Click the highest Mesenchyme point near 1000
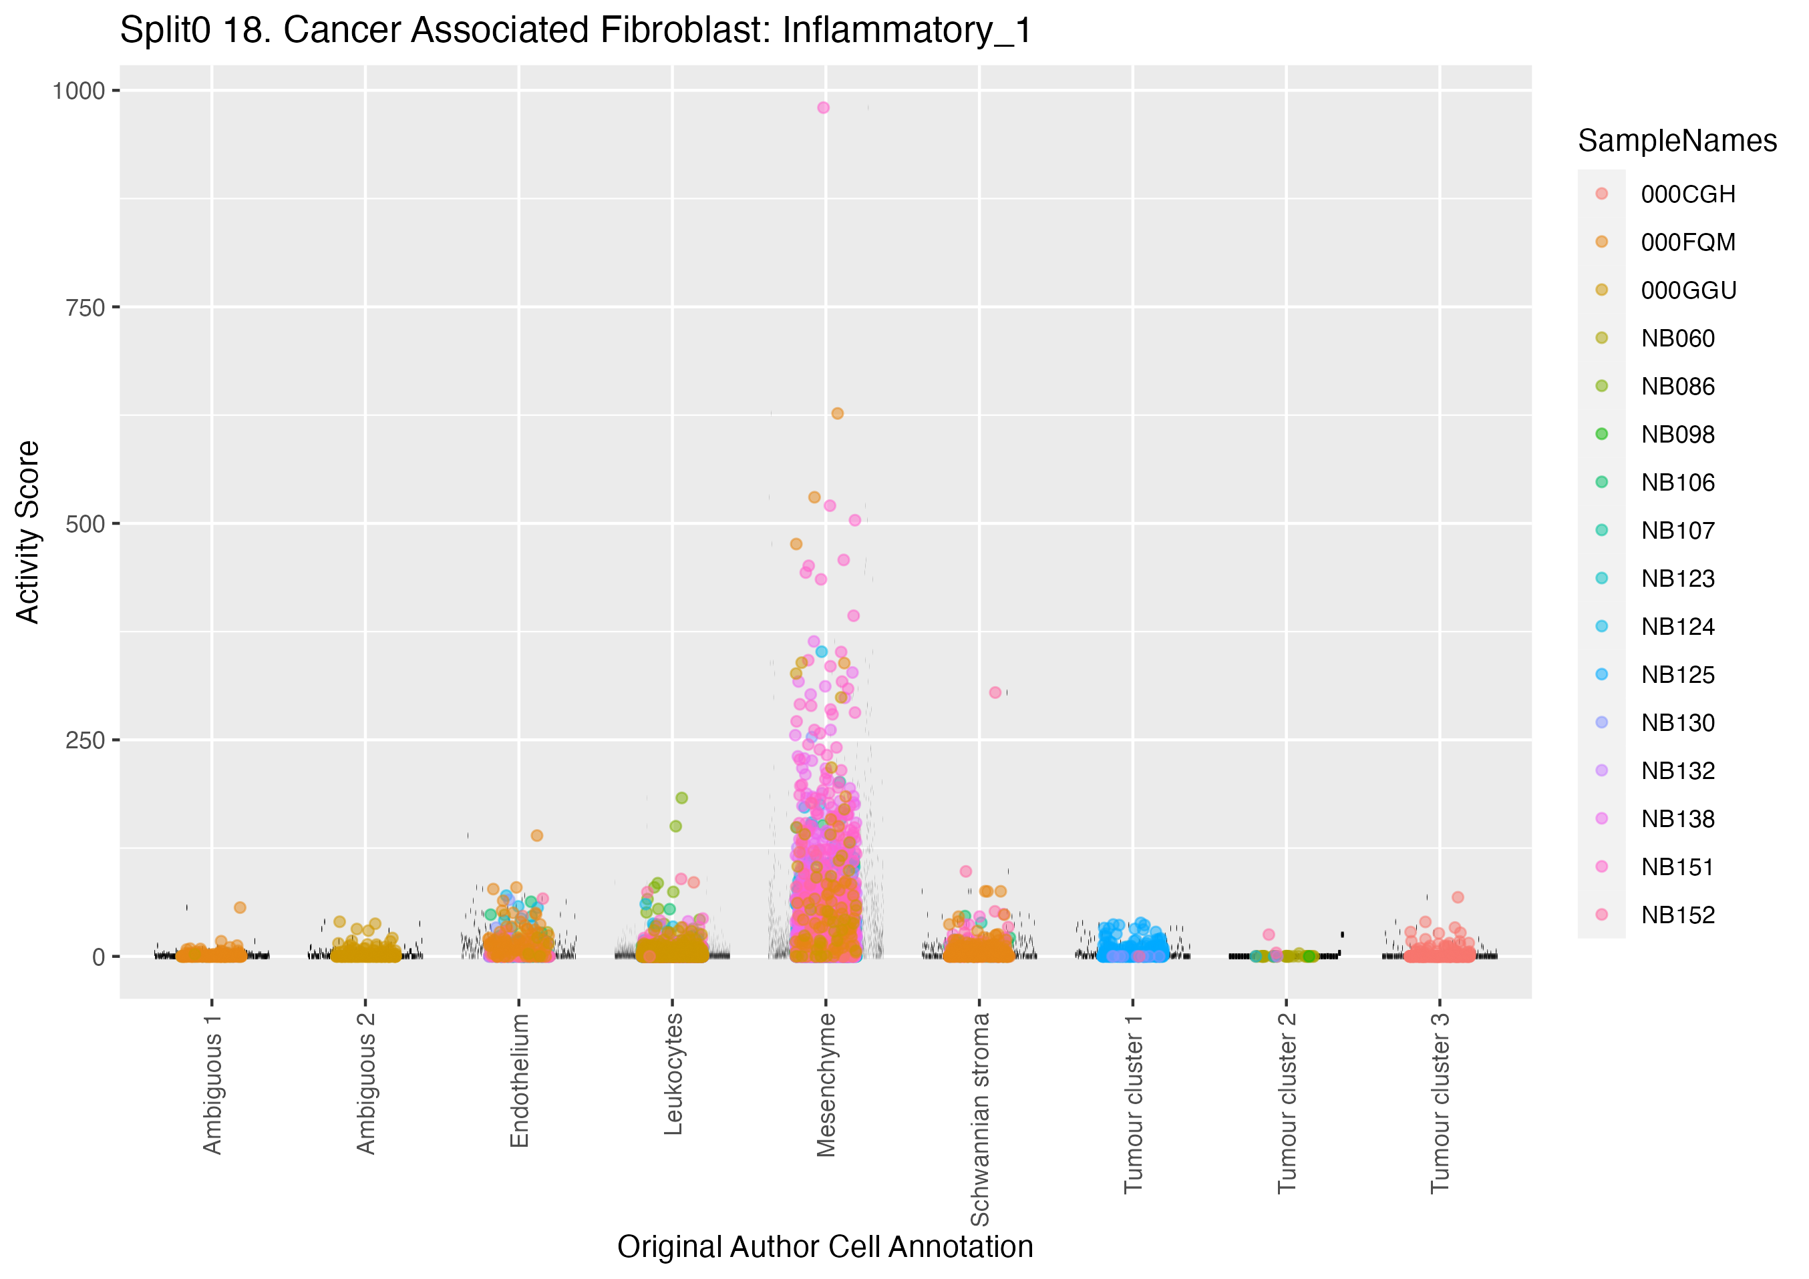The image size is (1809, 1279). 822,108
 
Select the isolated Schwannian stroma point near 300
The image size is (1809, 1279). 995,692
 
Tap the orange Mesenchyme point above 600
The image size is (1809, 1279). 838,413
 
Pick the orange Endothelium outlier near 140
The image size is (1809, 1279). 536,836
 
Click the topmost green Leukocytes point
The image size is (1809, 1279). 681,798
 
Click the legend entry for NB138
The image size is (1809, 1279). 1677,819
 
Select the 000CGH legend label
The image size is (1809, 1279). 1687,194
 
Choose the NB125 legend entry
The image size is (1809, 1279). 1677,675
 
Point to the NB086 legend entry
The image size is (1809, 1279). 1677,387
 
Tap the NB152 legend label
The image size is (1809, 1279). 1677,915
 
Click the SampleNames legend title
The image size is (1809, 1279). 1677,141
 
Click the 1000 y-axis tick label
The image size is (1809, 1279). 79,91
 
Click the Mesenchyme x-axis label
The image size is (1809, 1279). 826,1085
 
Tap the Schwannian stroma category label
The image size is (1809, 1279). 979,1118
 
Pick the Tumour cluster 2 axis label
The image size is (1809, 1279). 1286,1103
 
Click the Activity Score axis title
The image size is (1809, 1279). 28,533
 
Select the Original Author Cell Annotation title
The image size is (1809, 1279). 825,1247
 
